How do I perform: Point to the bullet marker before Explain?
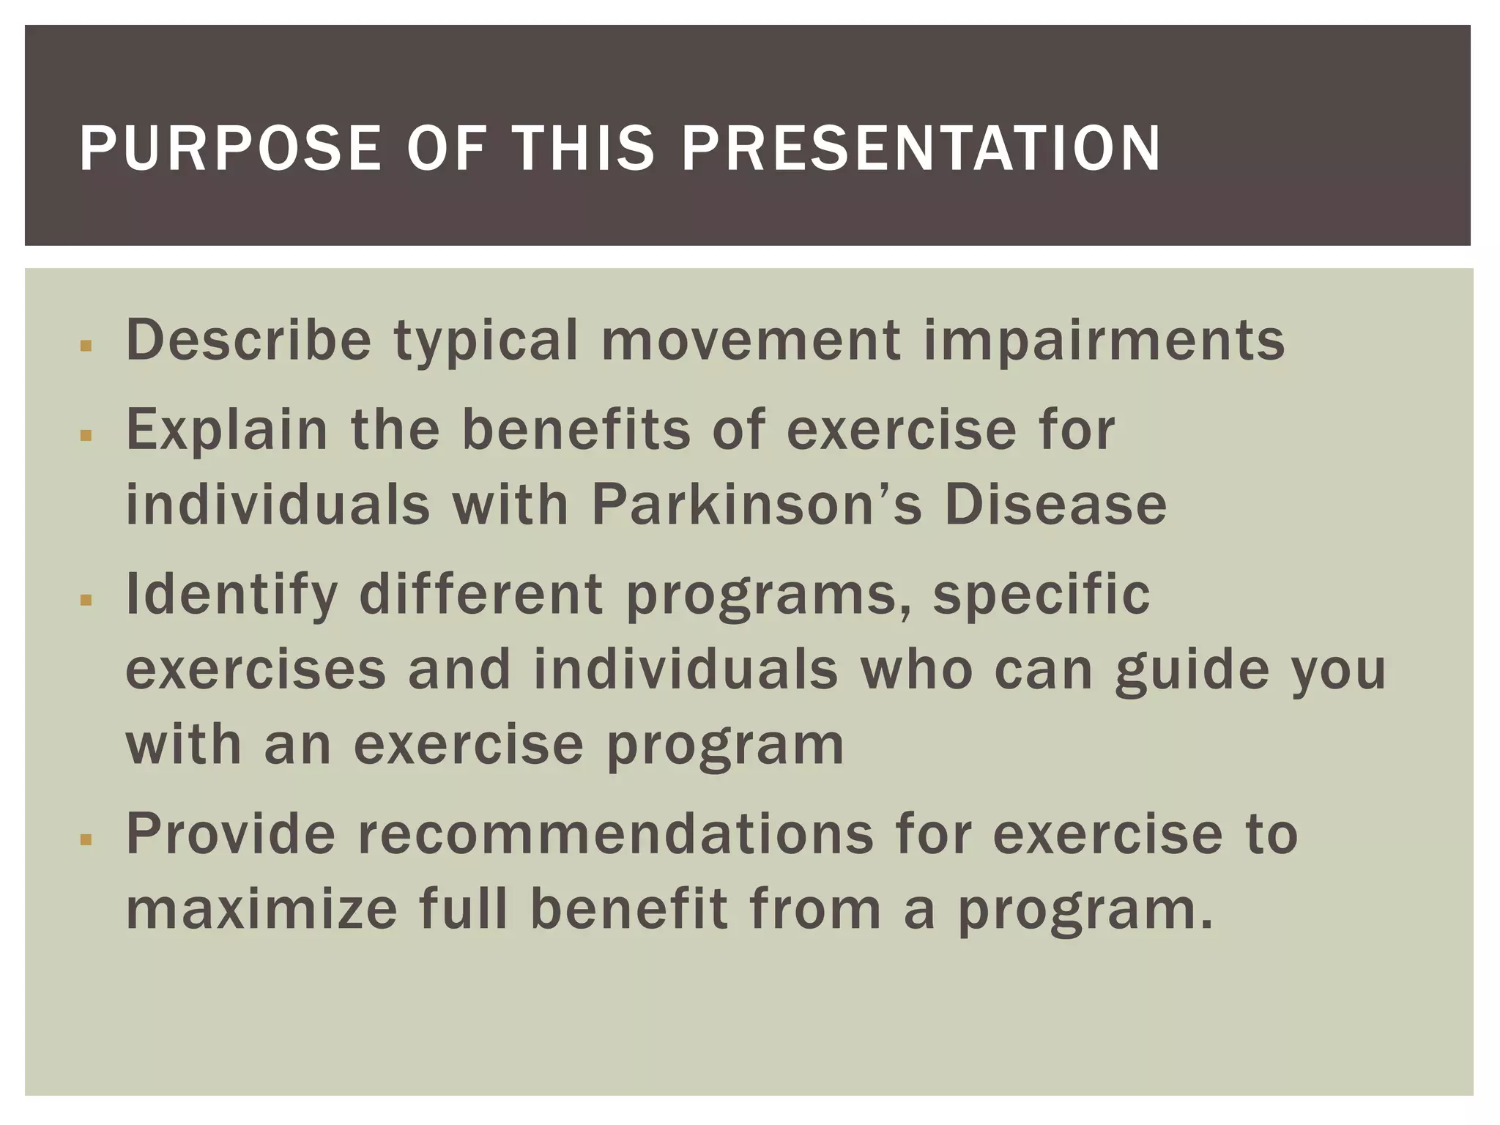(86, 435)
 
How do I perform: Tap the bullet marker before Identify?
(86, 600)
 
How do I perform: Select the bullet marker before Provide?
(86, 839)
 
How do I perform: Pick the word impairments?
(1104, 341)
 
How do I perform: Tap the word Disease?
(1055, 505)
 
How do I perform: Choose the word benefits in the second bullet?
(576, 430)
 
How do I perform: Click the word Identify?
(231, 595)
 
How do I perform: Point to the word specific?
(1041, 595)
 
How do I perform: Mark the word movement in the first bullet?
(751, 340)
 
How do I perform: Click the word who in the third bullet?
(916, 669)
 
